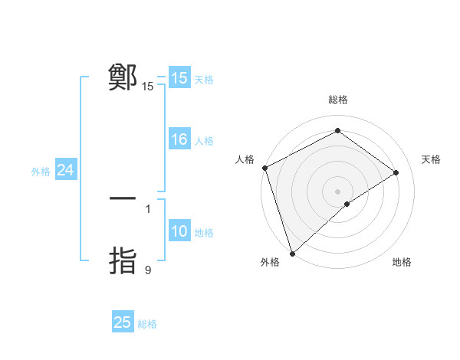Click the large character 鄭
click(123, 77)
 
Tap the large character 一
click(123, 198)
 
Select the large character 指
click(123, 260)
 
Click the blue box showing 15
click(179, 78)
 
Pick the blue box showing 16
click(179, 140)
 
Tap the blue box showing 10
click(179, 232)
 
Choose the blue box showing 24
click(66, 171)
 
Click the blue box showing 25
click(123, 322)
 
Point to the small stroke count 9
click(148, 270)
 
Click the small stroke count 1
click(148, 208)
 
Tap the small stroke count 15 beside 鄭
click(148, 87)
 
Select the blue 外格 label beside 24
click(41, 172)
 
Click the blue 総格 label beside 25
click(147, 324)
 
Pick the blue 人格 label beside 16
click(204, 141)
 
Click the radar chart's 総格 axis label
click(338, 100)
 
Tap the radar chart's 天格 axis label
click(431, 159)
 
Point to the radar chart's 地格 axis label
click(402, 263)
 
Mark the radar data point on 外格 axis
click(291, 252)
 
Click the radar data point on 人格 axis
click(264, 168)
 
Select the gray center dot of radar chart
click(338, 191)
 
